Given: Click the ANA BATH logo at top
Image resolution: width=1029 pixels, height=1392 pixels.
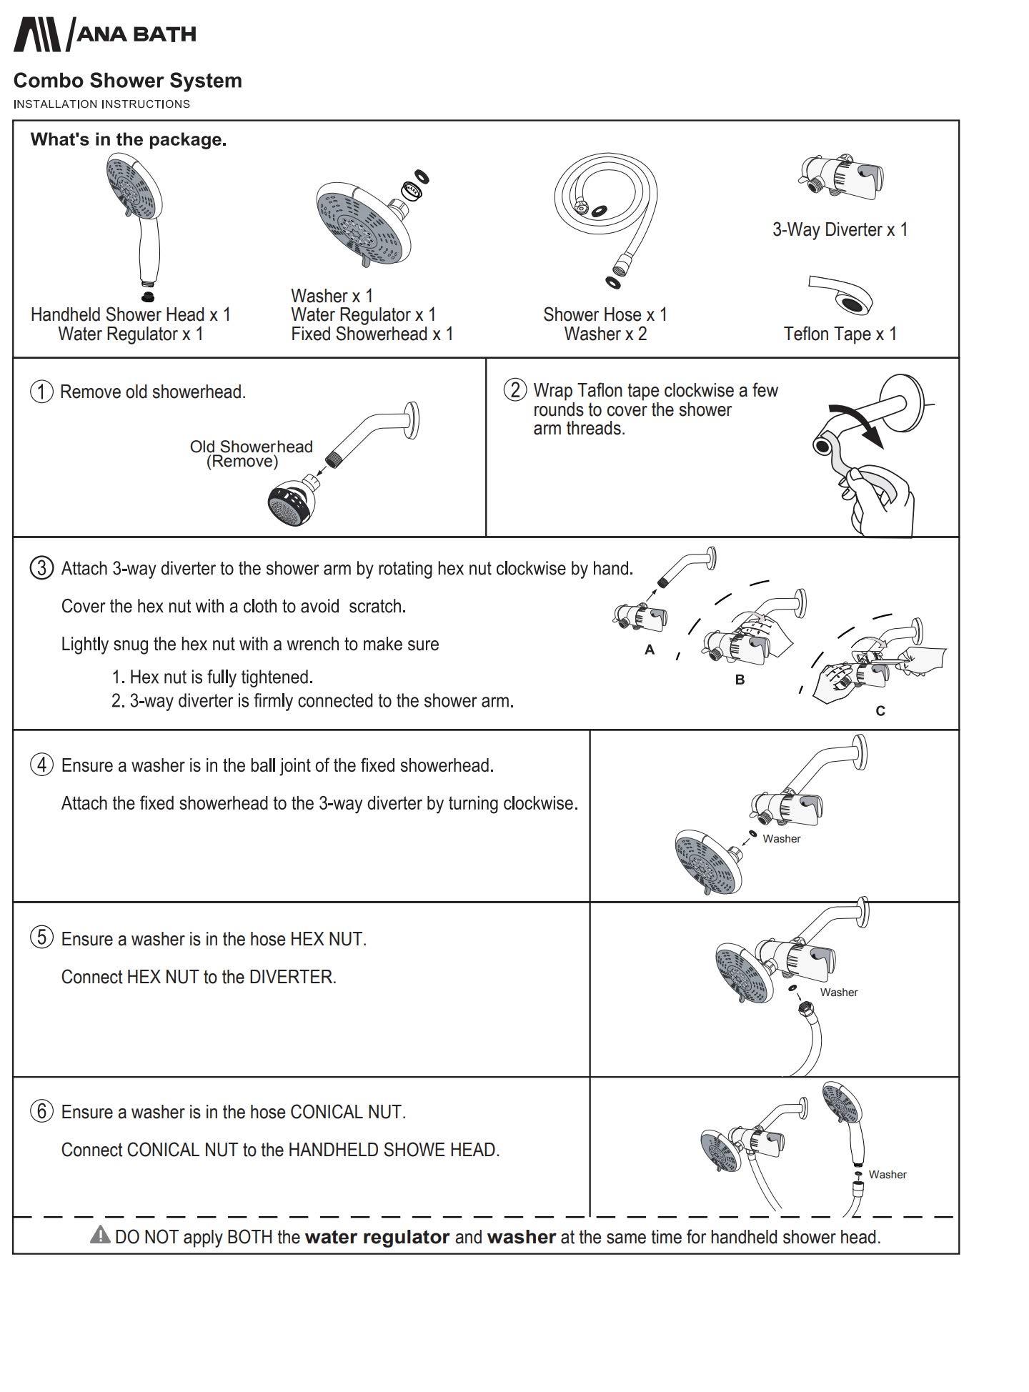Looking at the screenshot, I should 104,34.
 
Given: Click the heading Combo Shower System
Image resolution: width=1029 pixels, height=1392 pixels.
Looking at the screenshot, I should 127,81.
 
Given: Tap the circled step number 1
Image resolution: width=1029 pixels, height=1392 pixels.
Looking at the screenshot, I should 41,392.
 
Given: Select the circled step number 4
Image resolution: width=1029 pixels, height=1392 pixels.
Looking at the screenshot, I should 41,765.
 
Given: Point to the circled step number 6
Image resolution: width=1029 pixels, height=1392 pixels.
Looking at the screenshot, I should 41,1111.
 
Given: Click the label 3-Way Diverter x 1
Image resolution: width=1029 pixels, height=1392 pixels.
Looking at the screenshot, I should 840,229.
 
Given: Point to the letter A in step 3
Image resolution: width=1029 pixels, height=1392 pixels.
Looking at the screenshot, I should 649,650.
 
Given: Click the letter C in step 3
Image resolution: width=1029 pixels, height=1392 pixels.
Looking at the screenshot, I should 880,711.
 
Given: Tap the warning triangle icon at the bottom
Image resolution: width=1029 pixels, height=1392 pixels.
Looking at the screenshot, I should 100,1234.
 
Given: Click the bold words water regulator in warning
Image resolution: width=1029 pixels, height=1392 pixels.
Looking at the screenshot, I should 377,1237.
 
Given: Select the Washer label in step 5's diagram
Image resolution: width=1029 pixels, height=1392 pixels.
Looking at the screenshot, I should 838,992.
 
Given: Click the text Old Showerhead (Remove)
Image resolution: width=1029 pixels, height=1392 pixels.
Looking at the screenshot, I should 251,454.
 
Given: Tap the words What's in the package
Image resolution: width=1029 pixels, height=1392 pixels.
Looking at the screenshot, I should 128,139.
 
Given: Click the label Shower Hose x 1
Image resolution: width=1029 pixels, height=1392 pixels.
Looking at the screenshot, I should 605,314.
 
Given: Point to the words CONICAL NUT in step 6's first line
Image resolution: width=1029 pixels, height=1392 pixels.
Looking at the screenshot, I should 347,1112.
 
